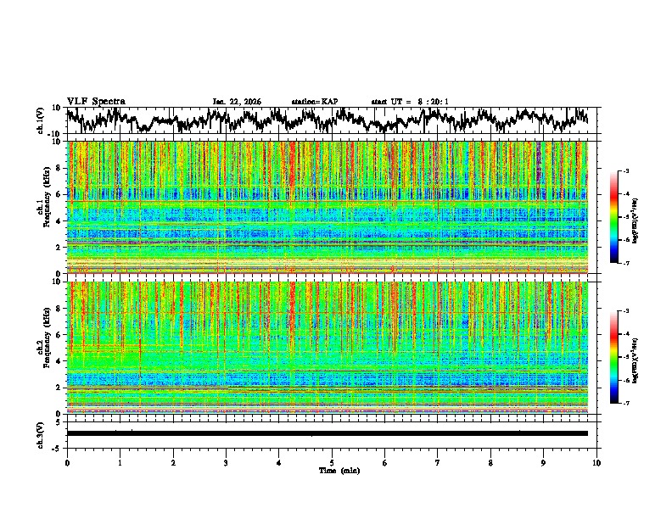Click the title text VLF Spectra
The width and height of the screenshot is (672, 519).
tap(96, 101)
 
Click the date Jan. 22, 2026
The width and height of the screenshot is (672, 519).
tap(237, 102)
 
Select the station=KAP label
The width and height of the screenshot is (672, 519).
tap(315, 102)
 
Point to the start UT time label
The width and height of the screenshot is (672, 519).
tap(410, 102)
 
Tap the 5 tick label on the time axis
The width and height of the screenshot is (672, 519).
tap(332, 462)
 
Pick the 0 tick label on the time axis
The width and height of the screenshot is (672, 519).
tap(67, 462)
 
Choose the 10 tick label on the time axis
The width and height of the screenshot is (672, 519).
tap(596, 462)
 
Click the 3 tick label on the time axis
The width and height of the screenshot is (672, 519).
tap(226, 462)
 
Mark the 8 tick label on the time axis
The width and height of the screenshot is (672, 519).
tap(490, 462)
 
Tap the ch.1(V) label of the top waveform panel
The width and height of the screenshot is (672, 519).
tap(42, 121)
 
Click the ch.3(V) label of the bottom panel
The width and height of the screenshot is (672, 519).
tap(42, 433)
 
